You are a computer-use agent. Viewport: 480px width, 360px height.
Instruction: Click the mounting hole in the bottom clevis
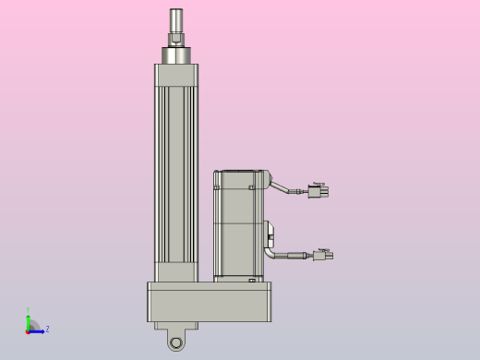click(x=175, y=342)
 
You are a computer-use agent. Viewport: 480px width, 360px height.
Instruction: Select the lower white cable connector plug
click(x=323, y=256)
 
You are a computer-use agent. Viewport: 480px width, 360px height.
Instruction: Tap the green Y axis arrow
click(x=29, y=319)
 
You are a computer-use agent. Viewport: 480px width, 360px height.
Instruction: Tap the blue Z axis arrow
click(x=38, y=330)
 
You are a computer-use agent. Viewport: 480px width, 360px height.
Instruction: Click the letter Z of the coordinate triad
click(x=47, y=329)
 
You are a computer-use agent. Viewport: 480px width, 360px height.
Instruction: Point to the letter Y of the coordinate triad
click(x=28, y=311)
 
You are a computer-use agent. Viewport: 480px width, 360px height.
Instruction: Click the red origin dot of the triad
click(x=28, y=330)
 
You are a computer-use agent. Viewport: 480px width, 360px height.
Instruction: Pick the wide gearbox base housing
click(x=210, y=302)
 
